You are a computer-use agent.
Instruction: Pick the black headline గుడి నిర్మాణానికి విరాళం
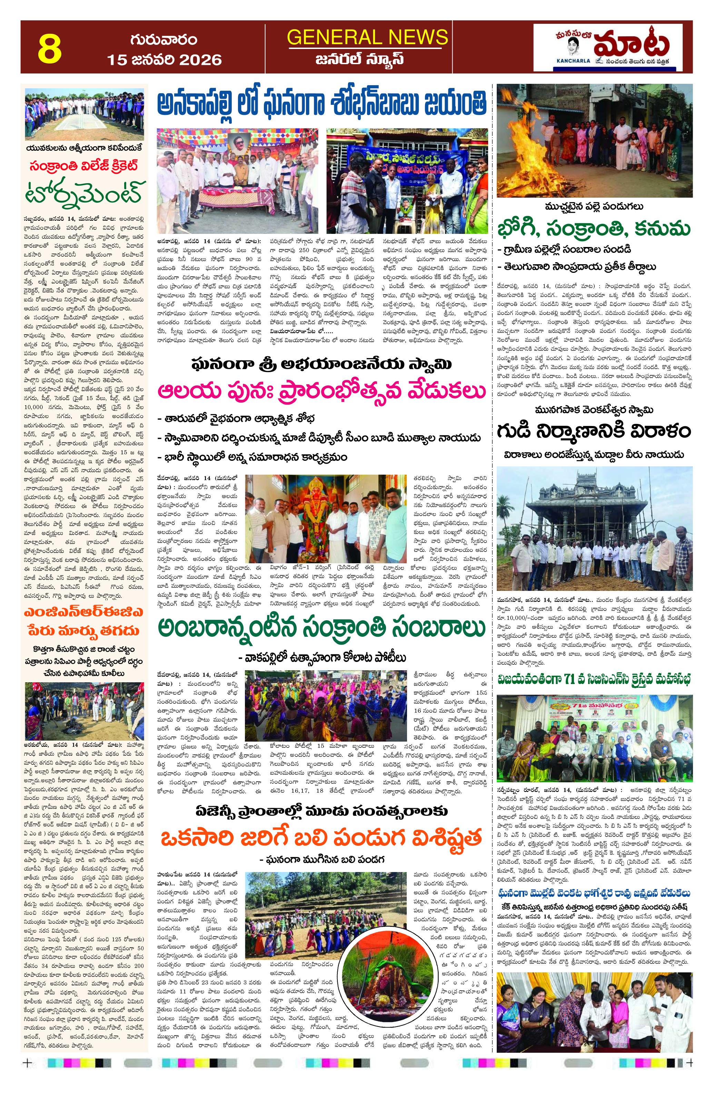coord(594,431)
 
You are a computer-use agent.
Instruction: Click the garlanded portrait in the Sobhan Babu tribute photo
coord(239,150)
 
